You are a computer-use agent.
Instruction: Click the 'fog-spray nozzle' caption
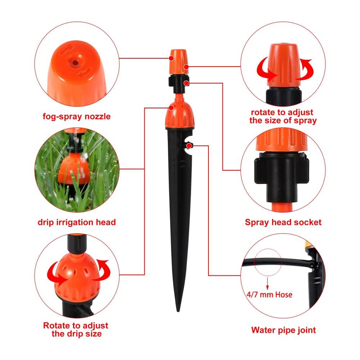(x=76, y=117)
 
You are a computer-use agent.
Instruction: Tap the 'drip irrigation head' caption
(x=77, y=222)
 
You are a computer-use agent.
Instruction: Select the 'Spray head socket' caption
(x=283, y=222)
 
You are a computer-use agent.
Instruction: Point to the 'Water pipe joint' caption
(x=283, y=329)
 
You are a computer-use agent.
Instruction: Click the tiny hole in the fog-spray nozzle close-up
(x=75, y=62)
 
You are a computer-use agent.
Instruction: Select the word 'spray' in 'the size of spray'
(x=305, y=121)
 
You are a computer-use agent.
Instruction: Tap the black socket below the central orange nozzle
(x=178, y=82)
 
